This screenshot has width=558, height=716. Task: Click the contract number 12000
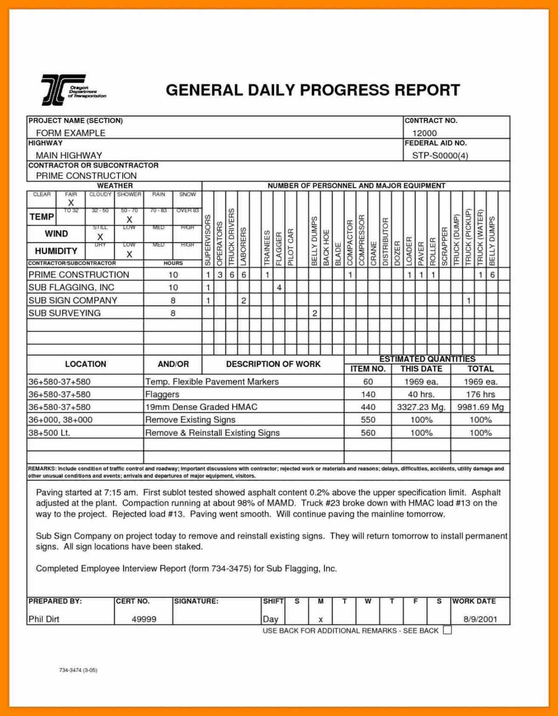[x=424, y=133]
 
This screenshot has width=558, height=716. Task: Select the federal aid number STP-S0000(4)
[x=439, y=155]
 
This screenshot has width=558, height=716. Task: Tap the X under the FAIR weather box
[x=71, y=203]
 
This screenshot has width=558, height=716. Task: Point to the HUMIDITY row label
[x=56, y=251]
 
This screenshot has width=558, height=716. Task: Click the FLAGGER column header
[x=279, y=248]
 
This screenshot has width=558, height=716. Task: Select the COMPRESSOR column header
[x=362, y=240]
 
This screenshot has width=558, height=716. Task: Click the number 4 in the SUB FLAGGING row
[x=279, y=288]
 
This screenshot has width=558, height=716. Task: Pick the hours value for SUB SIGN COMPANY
[x=173, y=301]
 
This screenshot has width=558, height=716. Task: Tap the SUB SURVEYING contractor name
[x=64, y=313]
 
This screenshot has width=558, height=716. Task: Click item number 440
[x=368, y=407]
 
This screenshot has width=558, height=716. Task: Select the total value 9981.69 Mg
[x=480, y=407]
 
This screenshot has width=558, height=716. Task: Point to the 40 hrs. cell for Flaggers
[x=421, y=394]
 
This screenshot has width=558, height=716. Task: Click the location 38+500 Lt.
[x=49, y=433]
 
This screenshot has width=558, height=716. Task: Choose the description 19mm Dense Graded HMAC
[x=201, y=407]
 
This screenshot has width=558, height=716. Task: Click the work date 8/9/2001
[x=480, y=619]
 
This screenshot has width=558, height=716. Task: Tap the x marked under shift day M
[x=321, y=620]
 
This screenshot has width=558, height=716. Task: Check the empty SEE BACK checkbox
[x=447, y=630]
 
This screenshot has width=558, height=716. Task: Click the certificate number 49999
[x=144, y=619]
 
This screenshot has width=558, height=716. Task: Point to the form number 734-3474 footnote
[x=78, y=670]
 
